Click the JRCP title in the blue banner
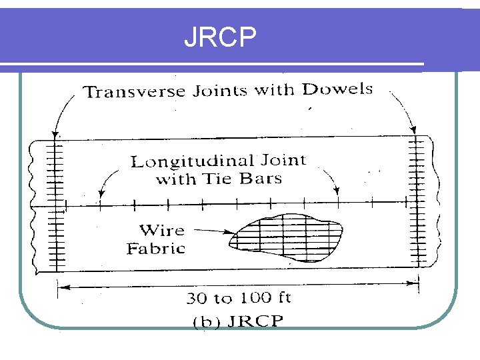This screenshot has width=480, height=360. (x=220, y=38)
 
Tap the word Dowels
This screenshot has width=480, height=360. (x=337, y=89)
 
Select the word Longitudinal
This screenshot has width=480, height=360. (x=192, y=161)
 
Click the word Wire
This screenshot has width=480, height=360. (x=161, y=231)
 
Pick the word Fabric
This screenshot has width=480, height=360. (x=156, y=249)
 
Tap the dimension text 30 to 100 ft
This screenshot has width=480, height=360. (x=238, y=297)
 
